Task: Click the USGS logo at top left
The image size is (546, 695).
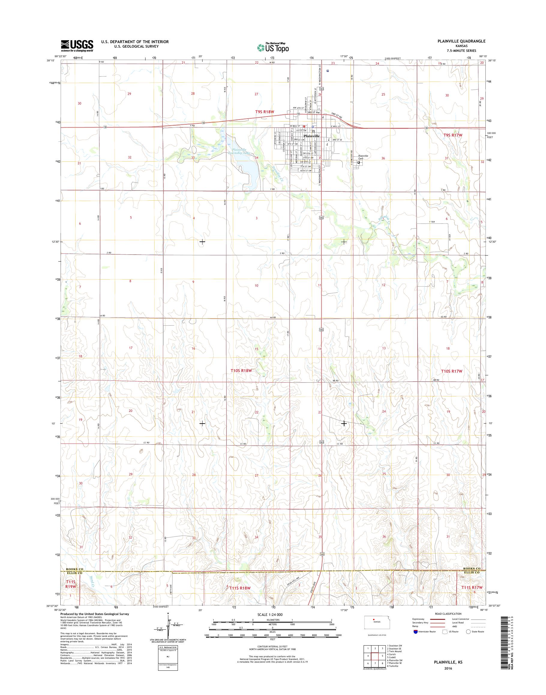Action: (77, 46)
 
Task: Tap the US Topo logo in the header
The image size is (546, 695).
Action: (273, 47)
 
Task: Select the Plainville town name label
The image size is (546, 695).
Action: (311, 136)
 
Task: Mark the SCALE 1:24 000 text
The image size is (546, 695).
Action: (270, 614)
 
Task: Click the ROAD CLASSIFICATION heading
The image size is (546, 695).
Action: (448, 614)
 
